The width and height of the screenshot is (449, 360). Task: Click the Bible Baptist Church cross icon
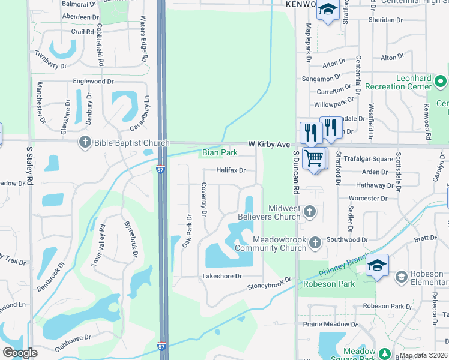click(x=85, y=142)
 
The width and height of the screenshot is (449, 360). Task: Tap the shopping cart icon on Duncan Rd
click(x=314, y=158)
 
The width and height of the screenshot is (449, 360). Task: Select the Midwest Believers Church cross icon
click(x=310, y=211)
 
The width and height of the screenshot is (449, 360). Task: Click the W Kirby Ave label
click(x=270, y=145)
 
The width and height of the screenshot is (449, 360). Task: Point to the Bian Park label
click(x=215, y=154)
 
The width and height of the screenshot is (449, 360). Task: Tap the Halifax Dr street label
click(x=231, y=170)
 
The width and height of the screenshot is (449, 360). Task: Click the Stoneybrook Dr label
click(x=269, y=284)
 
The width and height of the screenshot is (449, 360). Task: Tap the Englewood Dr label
click(x=93, y=81)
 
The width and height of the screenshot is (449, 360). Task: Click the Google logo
click(x=20, y=353)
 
